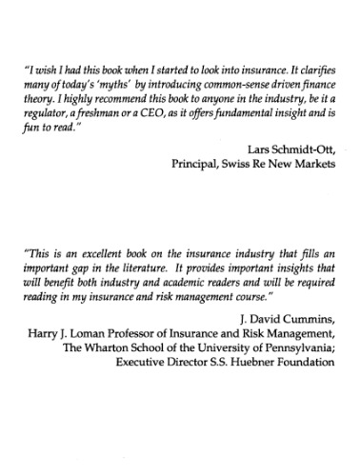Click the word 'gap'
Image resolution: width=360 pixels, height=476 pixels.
coord(88,271)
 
